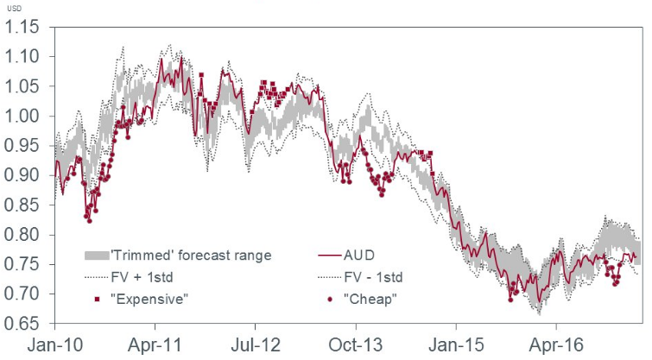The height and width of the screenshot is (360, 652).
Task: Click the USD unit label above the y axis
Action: [x=16, y=8]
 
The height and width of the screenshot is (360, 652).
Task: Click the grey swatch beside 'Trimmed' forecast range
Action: [x=97, y=256]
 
